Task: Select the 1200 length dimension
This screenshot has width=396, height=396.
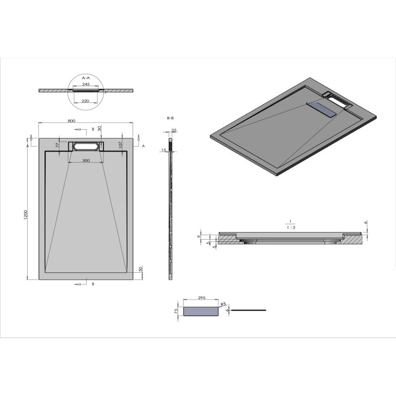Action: tap(25, 215)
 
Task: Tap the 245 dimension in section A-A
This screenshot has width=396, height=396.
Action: tap(86, 84)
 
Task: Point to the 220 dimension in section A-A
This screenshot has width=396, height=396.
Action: tap(86, 101)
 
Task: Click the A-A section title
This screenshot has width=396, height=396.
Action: tap(86, 78)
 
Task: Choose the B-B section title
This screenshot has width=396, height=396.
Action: tap(171, 118)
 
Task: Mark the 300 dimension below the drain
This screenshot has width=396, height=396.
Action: tap(86, 161)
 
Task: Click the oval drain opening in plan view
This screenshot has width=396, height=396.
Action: tap(86, 146)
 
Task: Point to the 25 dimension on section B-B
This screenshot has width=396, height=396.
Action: tap(174, 131)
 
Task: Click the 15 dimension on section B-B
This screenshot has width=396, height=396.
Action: tap(163, 150)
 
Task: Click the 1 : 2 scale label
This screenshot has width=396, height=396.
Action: tap(290, 228)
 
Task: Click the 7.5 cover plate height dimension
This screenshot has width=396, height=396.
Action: tap(176, 312)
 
